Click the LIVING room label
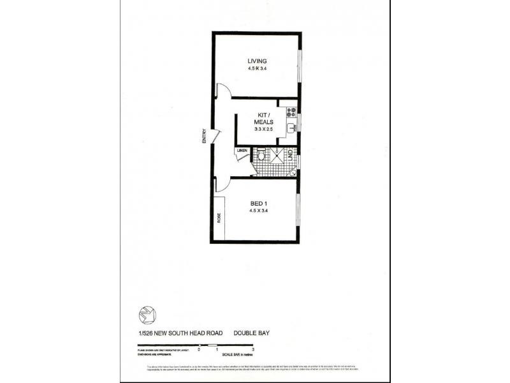click(x=258, y=61)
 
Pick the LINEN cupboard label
click(x=242, y=151)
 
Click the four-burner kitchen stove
click(x=291, y=114)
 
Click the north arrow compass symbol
click(x=146, y=314)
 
